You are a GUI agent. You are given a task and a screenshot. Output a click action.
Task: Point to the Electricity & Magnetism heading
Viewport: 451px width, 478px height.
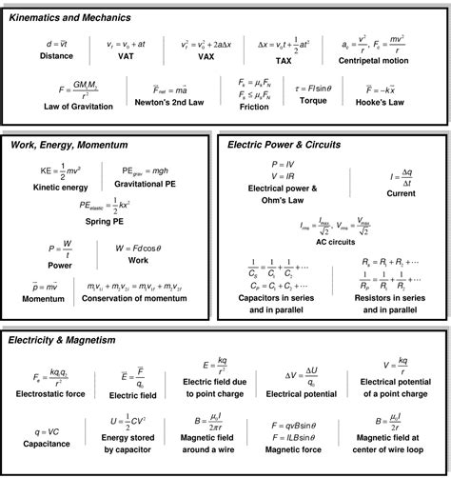point(63,339)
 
